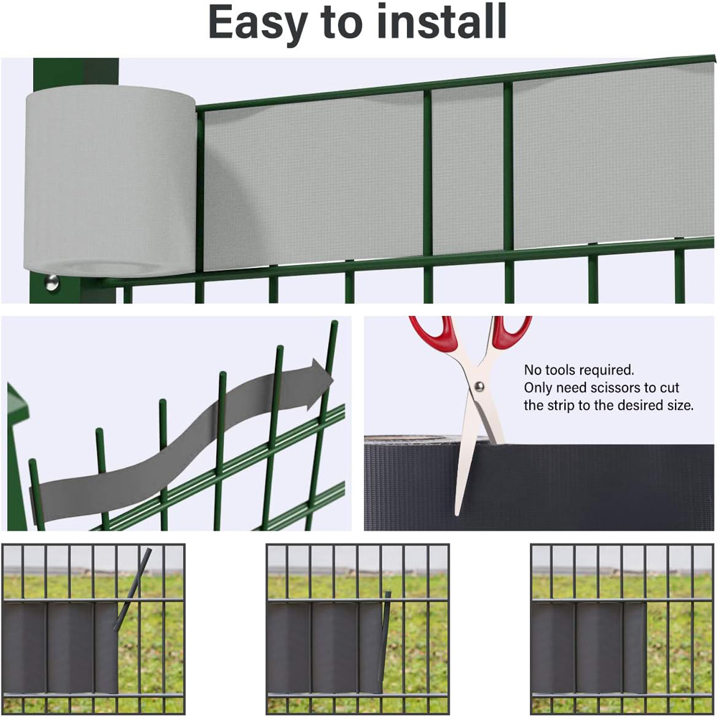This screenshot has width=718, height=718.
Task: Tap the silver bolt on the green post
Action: pyautogui.click(x=52, y=282)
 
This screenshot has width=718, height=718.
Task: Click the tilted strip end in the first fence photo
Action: pyautogui.click(x=131, y=589)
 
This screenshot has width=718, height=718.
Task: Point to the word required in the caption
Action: pyautogui.click(x=610, y=370)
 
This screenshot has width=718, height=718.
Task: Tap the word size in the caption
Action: pyautogui.click(x=679, y=405)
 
